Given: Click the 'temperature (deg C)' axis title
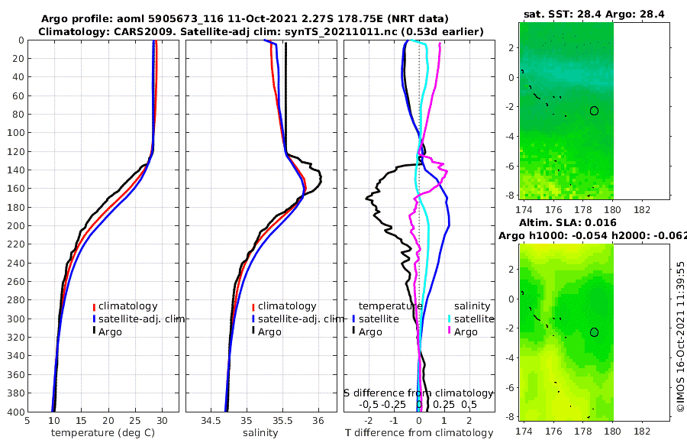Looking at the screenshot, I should click(102, 433).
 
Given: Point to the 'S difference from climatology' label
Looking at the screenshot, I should click(418, 393).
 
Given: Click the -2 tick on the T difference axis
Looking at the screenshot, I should click(369, 420).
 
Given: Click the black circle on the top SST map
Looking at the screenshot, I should click(594, 111).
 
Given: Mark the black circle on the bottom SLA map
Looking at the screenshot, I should click(594, 332).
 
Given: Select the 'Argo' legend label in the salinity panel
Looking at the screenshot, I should click(269, 331).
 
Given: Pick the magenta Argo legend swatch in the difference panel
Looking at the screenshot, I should click(449, 331).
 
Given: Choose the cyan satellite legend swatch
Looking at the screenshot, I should click(449, 319).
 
